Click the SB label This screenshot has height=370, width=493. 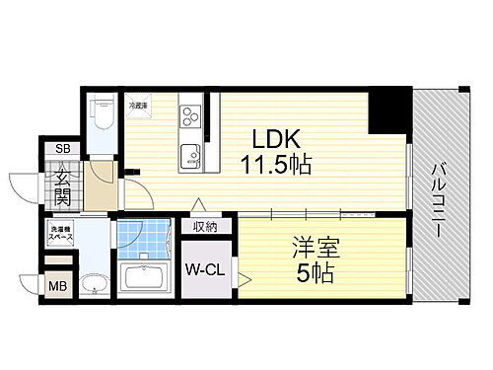pos(62,150)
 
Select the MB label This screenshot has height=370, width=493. pos(58,288)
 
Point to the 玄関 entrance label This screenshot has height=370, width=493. pos(61,185)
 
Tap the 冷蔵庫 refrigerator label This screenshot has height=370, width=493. pos(136,103)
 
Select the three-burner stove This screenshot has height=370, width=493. pos(188,120)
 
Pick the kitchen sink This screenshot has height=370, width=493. pos(189,153)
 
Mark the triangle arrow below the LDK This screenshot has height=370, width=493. pos(198,205)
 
